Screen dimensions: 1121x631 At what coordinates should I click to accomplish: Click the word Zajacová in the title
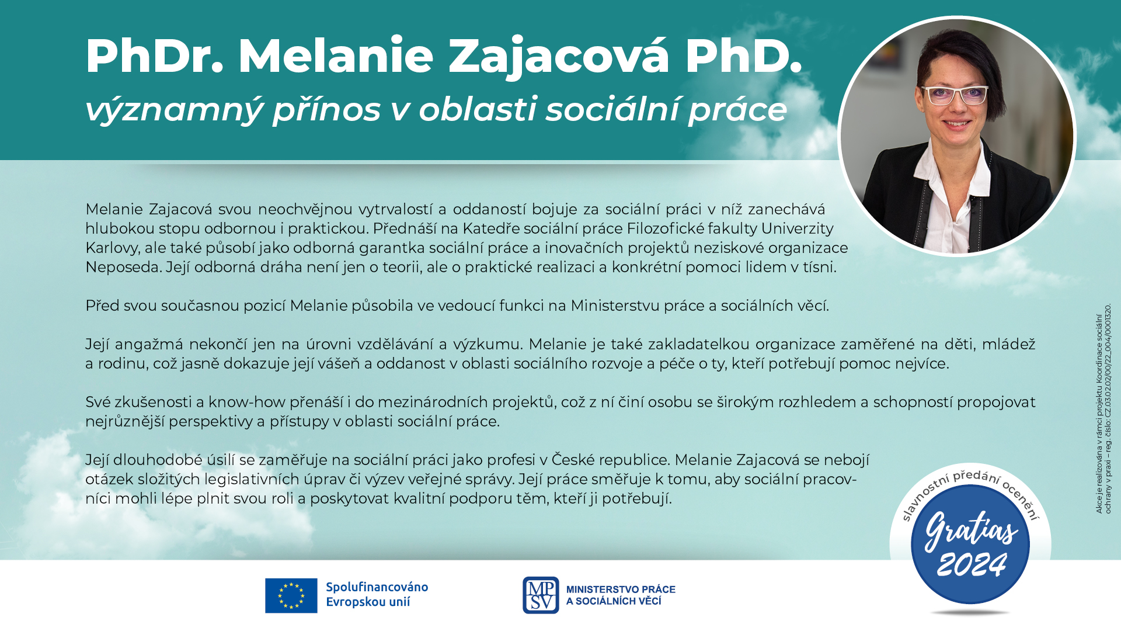click(559, 57)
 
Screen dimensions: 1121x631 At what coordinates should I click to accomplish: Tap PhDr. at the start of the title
click(155, 56)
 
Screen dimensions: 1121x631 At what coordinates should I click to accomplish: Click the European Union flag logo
click(291, 595)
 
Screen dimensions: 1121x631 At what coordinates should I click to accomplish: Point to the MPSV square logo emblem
click(541, 595)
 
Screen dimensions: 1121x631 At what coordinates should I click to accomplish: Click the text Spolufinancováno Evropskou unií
click(377, 594)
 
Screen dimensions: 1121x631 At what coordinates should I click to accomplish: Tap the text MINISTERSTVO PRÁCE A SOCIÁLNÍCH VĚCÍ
click(621, 595)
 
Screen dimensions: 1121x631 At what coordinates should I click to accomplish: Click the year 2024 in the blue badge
click(972, 564)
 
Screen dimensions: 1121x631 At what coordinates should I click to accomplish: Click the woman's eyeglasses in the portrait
click(954, 95)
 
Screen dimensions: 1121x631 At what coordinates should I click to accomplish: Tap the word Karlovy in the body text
click(112, 248)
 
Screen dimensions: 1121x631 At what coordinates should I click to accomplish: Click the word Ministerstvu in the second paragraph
click(615, 306)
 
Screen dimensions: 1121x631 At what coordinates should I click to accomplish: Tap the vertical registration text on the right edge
click(1103, 409)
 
